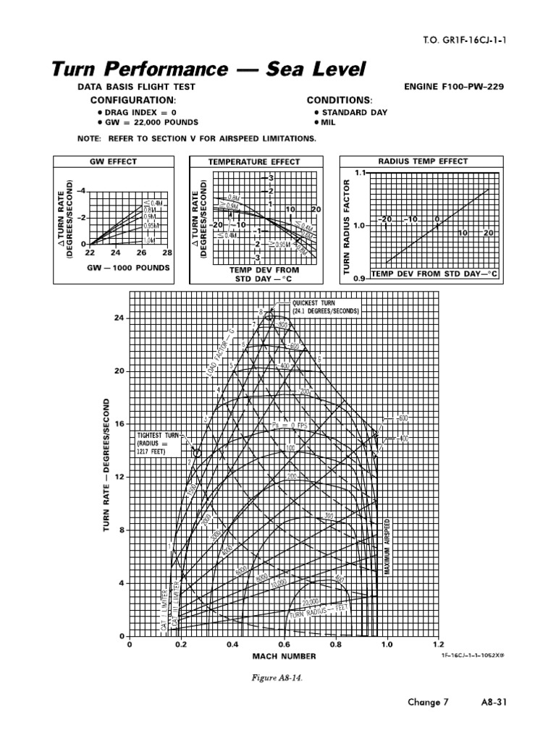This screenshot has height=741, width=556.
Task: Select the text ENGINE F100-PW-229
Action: click(x=453, y=87)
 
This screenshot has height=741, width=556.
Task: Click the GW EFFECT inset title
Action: click(x=113, y=162)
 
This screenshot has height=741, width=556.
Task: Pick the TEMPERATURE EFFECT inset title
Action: click(x=253, y=162)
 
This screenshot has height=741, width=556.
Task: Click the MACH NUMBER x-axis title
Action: click(x=284, y=656)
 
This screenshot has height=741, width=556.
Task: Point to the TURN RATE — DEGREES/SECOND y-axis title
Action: click(x=106, y=467)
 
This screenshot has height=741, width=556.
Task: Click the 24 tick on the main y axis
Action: click(x=119, y=318)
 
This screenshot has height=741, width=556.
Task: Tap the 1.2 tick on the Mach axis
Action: click(x=437, y=644)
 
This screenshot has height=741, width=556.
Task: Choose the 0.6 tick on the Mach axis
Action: click(x=284, y=644)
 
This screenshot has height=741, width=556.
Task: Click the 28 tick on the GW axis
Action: click(x=167, y=253)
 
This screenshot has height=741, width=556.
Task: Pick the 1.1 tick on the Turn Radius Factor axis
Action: click(x=361, y=173)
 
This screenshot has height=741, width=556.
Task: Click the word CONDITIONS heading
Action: click(x=339, y=100)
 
